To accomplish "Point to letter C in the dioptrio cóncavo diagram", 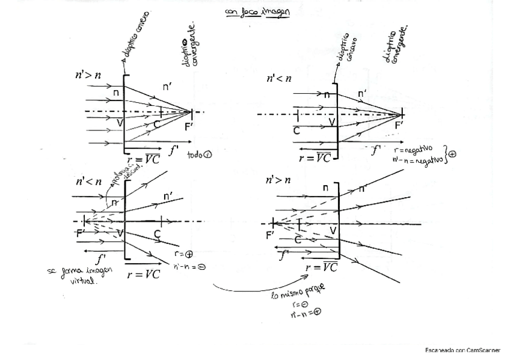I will click(x=296, y=130).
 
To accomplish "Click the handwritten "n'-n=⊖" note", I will click(x=189, y=266).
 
